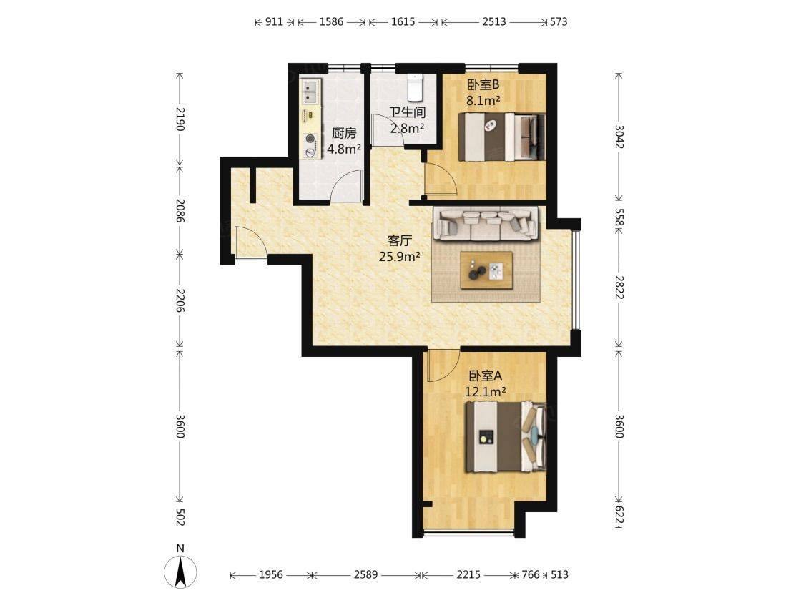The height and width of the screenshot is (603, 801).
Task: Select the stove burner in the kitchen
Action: click(x=310, y=145)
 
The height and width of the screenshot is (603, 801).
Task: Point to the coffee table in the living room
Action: click(x=486, y=270)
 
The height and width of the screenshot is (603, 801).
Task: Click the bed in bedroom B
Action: click(x=501, y=137)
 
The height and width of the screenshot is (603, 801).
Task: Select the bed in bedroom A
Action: click(x=505, y=437)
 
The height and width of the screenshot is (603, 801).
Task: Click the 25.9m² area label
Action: click(x=400, y=257)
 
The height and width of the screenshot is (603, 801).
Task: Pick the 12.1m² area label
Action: click(x=486, y=392)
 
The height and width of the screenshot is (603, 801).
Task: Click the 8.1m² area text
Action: click(x=483, y=101)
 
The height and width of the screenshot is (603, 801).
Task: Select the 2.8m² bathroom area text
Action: click(x=407, y=128)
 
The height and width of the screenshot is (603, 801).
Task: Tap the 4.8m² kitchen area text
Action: click(x=344, y=149)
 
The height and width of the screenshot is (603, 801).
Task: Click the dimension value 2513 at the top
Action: click(x=494, y=22)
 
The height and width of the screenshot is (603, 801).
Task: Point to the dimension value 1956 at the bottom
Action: click(x=271, y=575)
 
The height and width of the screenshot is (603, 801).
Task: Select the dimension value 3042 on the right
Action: click(x=619, y=137)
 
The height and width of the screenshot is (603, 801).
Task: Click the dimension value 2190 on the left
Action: click(x=180, y=119)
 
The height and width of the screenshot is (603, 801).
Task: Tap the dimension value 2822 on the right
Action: click(x=619, y=288)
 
